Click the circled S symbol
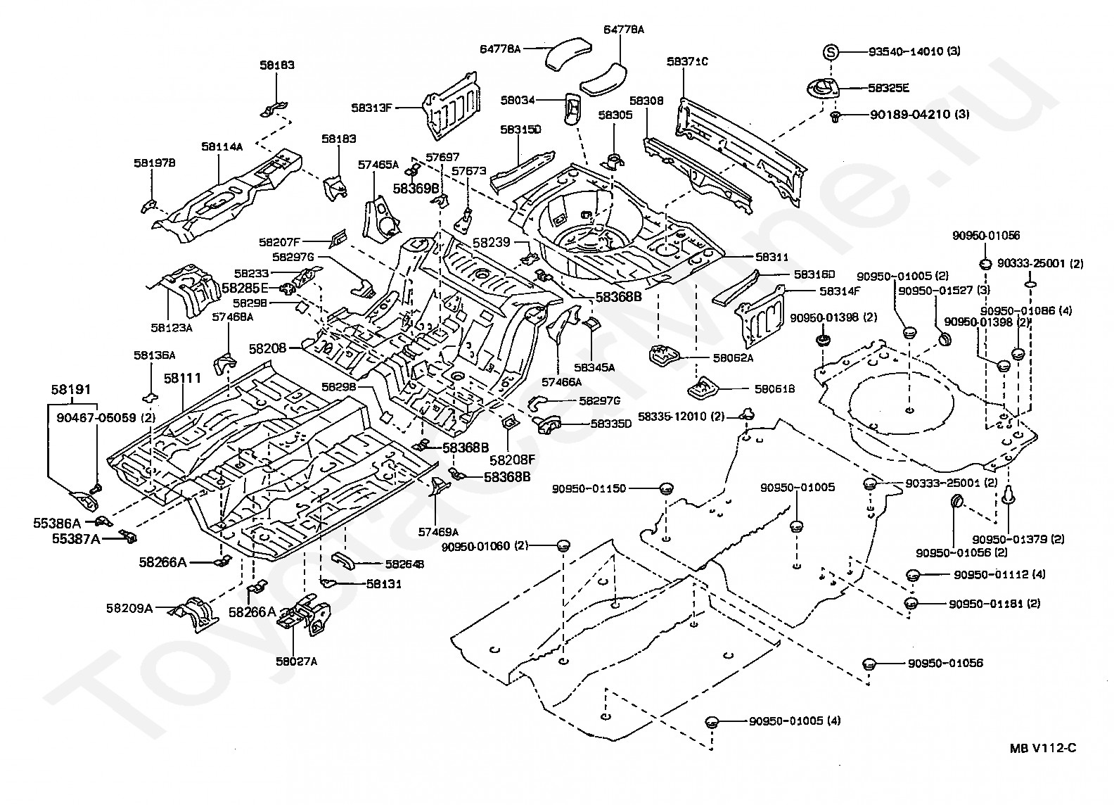pos(831,51)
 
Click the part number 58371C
pos(687,62)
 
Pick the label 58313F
pos(372,108)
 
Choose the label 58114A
pos(222,147)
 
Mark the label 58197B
pos(154,163)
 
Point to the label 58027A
pos(296,661)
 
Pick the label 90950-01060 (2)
pos(485,545)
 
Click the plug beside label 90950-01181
pos(912,604)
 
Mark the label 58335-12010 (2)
pos(681,417)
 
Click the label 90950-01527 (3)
pos(933,291)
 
